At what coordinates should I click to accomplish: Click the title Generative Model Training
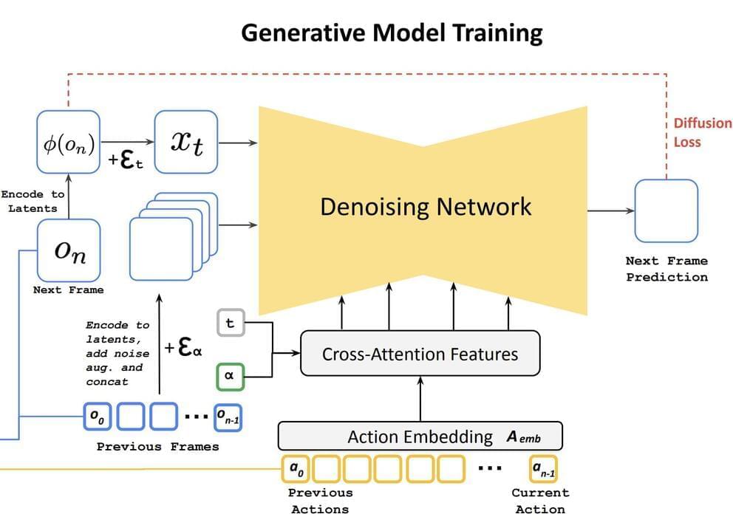[392, 33]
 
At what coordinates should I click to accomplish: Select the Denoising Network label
[425, 206]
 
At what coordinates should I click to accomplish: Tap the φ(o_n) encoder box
[68, 142]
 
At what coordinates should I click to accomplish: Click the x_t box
[186, 142]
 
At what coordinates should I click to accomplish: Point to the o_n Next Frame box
[69, 250]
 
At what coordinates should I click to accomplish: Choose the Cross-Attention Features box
[420, 354]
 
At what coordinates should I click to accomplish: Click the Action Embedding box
[420, 436]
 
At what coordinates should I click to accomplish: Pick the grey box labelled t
[229, 323]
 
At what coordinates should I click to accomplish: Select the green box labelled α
[229, 375]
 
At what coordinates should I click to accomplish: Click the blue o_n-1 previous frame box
[228, 417]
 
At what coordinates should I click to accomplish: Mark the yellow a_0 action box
[296, 468]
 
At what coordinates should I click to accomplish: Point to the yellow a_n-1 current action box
[545, 468]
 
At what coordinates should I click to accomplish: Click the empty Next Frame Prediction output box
[666, 211]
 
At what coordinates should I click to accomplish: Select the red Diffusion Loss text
[702, 132]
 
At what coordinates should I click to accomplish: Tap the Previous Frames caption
[157, 447]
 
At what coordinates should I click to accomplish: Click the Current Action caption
[540, 501]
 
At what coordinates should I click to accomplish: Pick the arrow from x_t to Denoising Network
[237, 142]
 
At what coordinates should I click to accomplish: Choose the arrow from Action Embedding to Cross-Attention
[420, 399]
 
